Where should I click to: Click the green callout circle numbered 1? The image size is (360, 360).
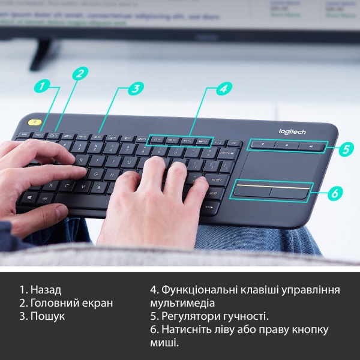tap(41, 86)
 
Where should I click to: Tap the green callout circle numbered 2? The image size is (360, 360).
tap(80, 73)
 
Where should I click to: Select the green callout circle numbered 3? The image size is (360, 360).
tap(136, 88)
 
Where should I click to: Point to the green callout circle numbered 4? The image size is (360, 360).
tap(223, 88)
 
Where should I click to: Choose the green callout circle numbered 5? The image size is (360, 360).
tap(346, 149)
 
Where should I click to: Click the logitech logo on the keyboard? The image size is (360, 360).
tap(292, 132)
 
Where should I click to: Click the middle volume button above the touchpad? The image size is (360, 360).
tap(287, 145)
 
